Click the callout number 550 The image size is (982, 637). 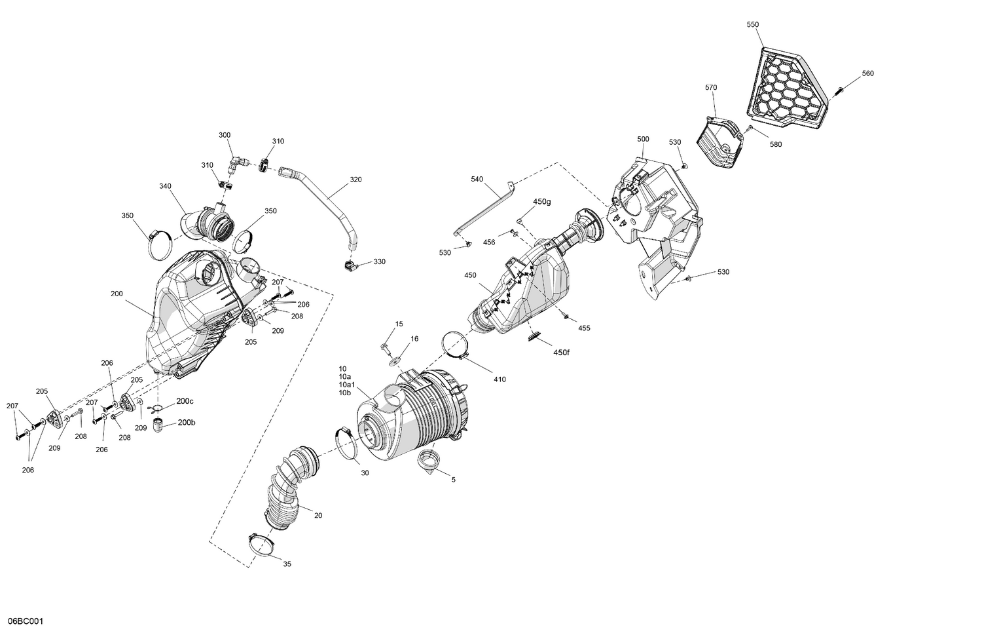tap(753, 24)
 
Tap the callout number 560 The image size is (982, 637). tap(867, 73)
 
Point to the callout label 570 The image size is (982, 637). tap(711, 87)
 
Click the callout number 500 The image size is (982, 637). tap(643, 139)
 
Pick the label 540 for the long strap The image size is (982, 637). tap(477, 179)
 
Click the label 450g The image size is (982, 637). tap(542, 202)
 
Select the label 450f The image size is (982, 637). tap(561, 353)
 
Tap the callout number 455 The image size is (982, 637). tap(584, 328)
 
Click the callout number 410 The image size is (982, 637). tap(500, 379)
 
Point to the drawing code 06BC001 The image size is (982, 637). tap(26, 621)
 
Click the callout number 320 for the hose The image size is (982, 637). tap(355, 179)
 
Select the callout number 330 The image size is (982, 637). tap(380, 261)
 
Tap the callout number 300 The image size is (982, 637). tap(225, 135)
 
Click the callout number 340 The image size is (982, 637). tap(165, 186)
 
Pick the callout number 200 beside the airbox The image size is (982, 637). tap(117, 294)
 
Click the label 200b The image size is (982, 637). tap(186, 423)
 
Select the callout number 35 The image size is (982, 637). tap(287, 564)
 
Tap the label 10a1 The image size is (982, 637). tap(347, 385)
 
